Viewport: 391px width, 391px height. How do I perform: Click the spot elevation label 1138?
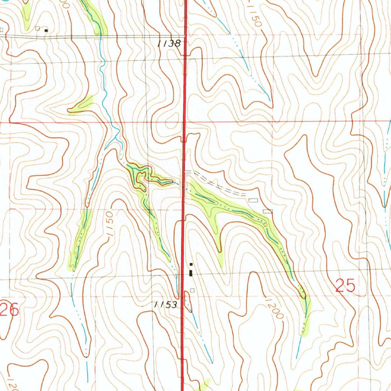pyautogui.click(x=169, y=44)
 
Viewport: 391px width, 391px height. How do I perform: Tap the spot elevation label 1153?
pyautogui.click(x=166, y=305)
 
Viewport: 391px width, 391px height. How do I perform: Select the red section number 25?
pyautogui.click(x=346, y=286)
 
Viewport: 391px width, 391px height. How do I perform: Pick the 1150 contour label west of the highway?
pyautogui.click(x=108, y=225)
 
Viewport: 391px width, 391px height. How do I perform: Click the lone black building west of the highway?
pyautogui.click(x=46, y=30)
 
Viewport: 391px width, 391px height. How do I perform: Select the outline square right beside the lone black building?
pyautogui.click(x=37, y=28)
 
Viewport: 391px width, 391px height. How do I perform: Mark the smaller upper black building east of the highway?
pyautogui.click(x=191, y=265)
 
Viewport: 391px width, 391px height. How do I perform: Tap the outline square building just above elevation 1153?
pyautogui.click(x=192, y=290)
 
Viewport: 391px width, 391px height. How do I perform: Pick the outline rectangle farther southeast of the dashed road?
pyautogui.click(x=268, y=211)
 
